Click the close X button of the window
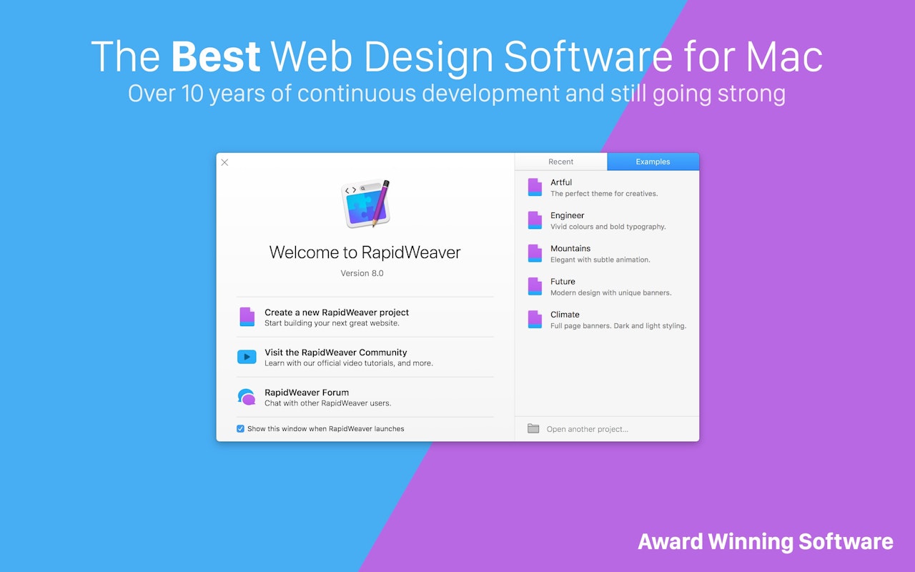click(224, 162)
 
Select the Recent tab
click(560, 162)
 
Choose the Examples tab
click(653, 162)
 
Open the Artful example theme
click(561, 182)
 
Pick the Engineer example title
click(567, 215)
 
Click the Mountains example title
click(570, 248)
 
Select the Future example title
click(563, 282)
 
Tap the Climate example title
click(565, 315)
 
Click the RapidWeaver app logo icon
click(365, 203)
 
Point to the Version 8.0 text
click(362, 273)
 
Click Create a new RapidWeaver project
click(337, 312)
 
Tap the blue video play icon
click(247, 357)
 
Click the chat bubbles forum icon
click(247, 397)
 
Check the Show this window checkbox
click(240, 428)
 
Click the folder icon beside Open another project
click(533, 428)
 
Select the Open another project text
click(588, 429)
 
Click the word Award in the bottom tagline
click(671, 541)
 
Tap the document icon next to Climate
click(535, 320)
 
